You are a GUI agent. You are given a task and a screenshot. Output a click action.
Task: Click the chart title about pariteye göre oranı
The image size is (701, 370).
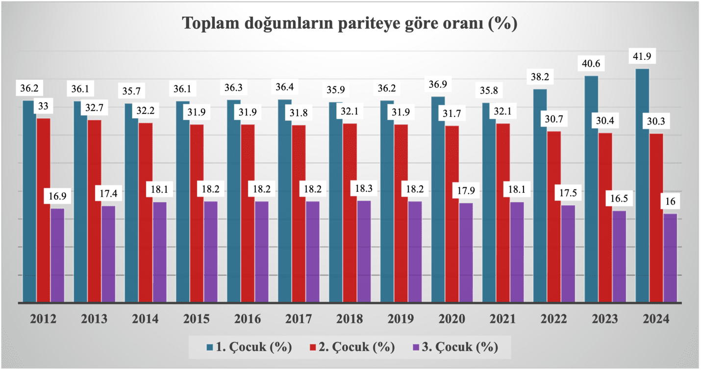(350, 24)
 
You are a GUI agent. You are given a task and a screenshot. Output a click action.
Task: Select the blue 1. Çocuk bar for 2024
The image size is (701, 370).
(642, 186)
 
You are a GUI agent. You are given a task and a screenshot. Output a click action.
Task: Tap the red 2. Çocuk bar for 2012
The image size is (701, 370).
(43, 211)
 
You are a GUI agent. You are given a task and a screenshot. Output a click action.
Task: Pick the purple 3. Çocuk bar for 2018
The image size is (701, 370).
(364, 251)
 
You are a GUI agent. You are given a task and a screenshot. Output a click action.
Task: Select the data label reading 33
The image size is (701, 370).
(44, 106)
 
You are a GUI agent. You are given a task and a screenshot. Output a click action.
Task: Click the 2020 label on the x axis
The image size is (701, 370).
(452, 319)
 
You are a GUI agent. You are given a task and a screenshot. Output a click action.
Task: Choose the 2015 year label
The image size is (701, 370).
(197, 319)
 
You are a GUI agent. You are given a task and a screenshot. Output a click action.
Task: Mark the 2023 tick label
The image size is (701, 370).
(605, 319)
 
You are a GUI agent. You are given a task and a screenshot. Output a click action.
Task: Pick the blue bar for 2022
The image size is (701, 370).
(540, 196)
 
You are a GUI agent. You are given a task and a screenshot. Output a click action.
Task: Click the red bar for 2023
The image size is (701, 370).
(605, 218)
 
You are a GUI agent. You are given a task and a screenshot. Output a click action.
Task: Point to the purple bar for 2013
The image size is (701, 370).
(108, 254)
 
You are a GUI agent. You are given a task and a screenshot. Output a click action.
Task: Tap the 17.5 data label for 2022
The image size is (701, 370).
(568, 193)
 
